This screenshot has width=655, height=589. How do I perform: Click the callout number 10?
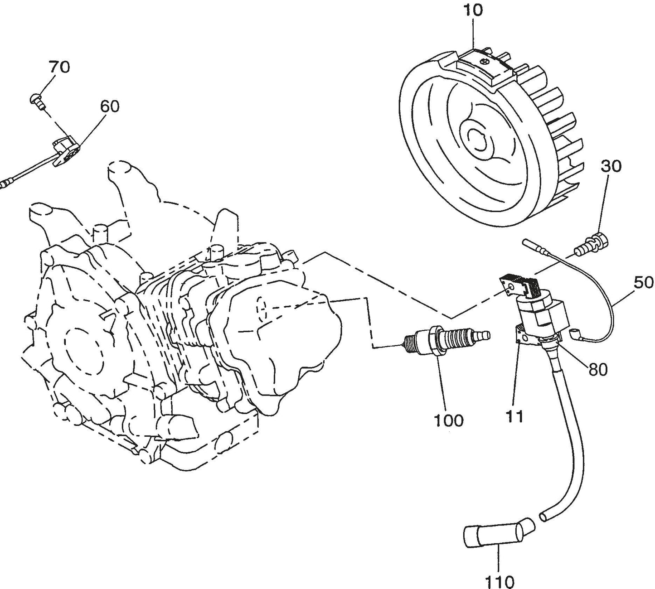click(x=473, y=10)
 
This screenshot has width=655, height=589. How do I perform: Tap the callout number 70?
click(x=59, y=67)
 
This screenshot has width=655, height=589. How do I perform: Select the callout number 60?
click(x=109, y=106)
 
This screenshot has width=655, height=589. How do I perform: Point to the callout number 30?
click(x=611, y=166)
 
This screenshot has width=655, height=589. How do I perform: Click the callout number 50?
click(x=644, y=283)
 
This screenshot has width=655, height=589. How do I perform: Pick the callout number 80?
click(x=598, y=370)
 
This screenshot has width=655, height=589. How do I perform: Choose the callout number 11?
click(x=515, y=416)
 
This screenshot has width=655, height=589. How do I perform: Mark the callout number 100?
click(x=449, y=420)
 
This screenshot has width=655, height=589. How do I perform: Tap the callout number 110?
click(x=500, y=581)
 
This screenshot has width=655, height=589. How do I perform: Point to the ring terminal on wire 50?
click(x=576, y=336)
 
